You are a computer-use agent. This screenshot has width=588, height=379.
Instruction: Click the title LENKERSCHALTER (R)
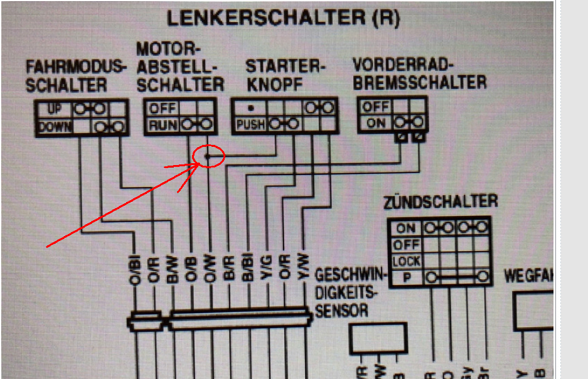point(282,18)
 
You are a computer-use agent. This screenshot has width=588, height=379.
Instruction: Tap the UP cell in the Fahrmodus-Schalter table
point(53,110)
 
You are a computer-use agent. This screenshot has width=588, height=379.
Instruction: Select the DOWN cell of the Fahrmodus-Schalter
point(55,126)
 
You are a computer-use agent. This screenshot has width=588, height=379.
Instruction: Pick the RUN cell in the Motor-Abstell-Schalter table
point(163,125)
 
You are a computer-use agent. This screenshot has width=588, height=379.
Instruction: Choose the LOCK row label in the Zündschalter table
point(406,261)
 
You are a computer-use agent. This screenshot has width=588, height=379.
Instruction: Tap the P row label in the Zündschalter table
point(406,277)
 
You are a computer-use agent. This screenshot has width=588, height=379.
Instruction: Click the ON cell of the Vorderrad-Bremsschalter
point(376,123)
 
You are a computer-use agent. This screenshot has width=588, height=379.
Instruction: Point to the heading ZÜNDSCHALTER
point(439,201)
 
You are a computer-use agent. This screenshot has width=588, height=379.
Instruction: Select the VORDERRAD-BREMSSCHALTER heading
point(419,73)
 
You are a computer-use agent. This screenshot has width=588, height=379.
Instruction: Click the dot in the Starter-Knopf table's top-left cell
point(250,107)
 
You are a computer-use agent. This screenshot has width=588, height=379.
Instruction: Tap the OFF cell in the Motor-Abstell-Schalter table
point(162,108)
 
